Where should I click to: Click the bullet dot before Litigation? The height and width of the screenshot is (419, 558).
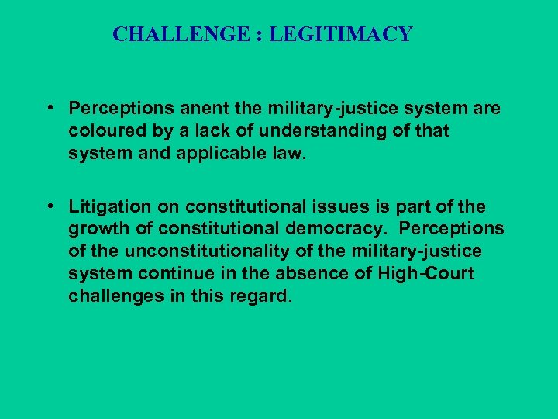coord(49,206)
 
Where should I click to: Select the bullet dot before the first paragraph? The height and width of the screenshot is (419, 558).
coord(49,109)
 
